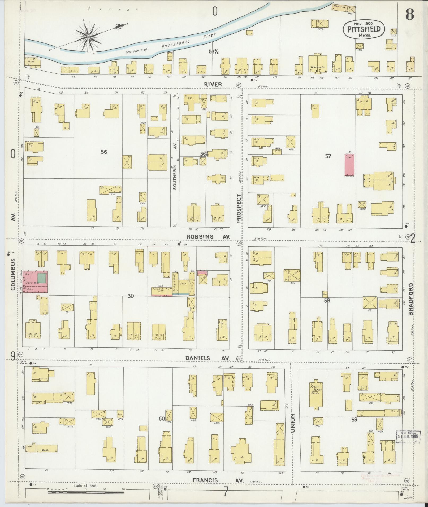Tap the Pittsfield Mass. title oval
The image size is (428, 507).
click(364, 29)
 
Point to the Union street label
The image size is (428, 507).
click(293, 423)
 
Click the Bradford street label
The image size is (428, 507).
click(411, 299)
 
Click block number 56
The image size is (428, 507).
click(104, 152)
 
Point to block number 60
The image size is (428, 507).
click(162, 418)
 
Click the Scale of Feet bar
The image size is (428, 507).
click(86, 492)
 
